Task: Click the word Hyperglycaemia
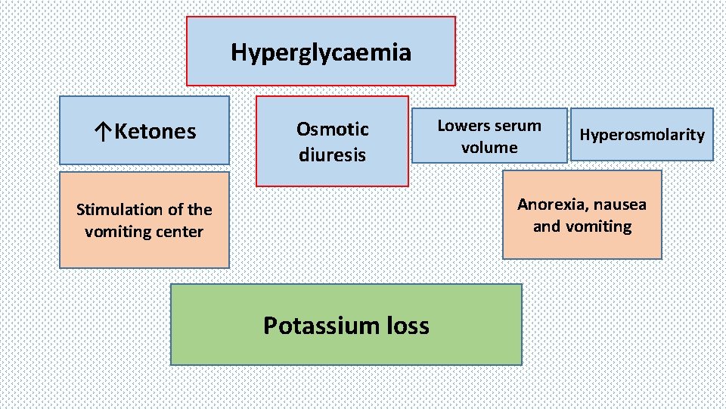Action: click(321, 52)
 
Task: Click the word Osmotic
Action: click(332, 129)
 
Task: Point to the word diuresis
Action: click(332, 155)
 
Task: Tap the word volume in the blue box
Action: click(489, 147)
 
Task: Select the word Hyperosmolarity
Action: click(641, 135)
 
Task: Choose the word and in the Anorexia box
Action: click(547, 226)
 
